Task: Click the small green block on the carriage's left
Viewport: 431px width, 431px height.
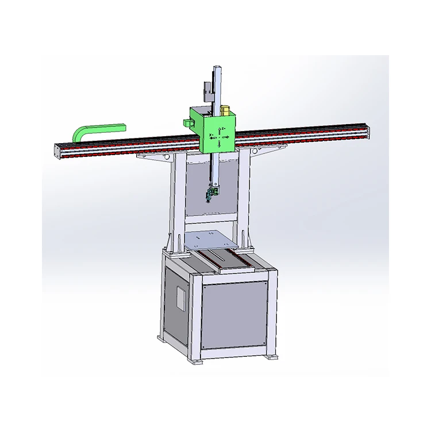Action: point(187,122)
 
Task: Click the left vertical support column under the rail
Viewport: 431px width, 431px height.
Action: point(179,201)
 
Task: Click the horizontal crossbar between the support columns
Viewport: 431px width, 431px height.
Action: point(210,219)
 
